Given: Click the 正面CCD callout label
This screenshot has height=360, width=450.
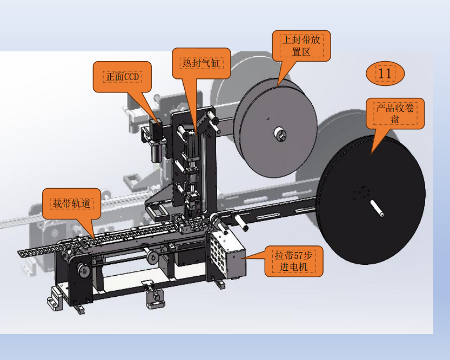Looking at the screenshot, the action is click(122, 77).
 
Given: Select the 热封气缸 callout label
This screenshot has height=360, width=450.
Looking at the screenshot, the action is click(201, 63).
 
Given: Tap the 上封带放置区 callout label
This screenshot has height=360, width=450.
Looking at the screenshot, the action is click(301, 46).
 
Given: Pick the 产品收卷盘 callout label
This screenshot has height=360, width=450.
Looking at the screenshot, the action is click(395, 114).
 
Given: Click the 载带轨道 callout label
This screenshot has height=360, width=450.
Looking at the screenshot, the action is click(71, 204).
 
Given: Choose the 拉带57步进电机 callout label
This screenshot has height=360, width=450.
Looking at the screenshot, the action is click(293, 261).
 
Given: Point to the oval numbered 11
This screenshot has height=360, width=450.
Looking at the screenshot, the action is click(385, 74).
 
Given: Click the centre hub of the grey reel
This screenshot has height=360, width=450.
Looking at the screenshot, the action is click(279, 135).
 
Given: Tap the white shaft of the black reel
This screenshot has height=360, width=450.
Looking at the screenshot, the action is click(377, 209).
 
